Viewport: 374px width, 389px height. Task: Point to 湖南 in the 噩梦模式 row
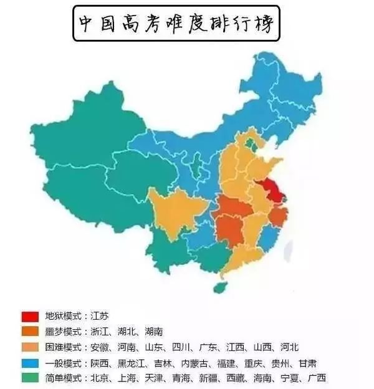pyautogui.click(x=153, y=332)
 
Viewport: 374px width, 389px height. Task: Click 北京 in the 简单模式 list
pyautogui.click(x=100, y=378)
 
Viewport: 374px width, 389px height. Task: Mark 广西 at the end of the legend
pyautogui.click(x=314, y=378)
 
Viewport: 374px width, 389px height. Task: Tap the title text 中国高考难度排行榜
pyautogui.click(x=176, y=22)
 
